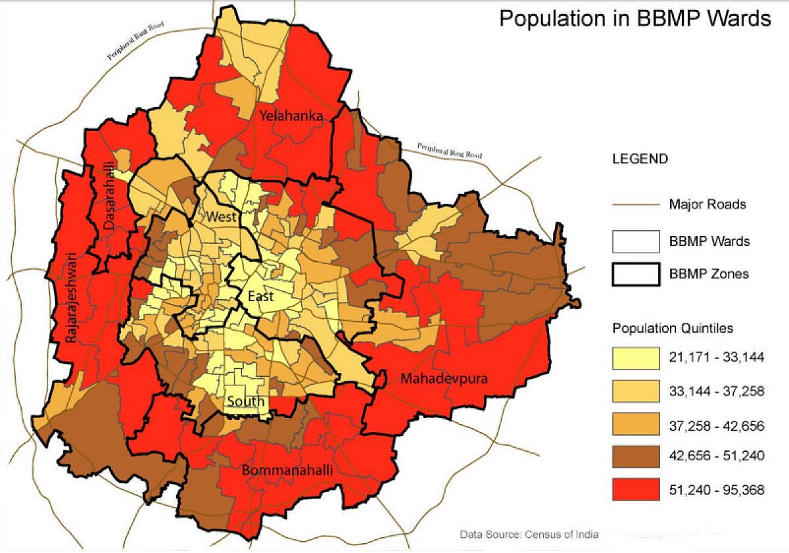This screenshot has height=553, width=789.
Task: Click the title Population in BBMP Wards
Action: tap(634, 18)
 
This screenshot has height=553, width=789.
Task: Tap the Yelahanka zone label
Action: tap(291, 116)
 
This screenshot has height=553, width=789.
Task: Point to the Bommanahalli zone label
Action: tap(286, 471)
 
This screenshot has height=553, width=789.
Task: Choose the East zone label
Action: tap(260, 297)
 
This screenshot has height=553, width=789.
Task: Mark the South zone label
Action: tap(246, 401)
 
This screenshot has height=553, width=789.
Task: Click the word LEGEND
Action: tap(640, 159)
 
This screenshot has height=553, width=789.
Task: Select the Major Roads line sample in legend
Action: tap(635, 204)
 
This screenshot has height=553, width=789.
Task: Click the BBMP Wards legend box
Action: tap(635, 241)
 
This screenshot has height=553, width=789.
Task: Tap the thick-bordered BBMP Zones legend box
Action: tap(635, 274)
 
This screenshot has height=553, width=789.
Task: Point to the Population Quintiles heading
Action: tap(673, 328)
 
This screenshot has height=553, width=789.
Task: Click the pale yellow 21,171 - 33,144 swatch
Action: tap(635, 358)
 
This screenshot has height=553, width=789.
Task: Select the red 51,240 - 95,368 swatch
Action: tap(635, 489)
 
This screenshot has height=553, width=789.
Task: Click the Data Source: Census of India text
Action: tap(529, 534)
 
